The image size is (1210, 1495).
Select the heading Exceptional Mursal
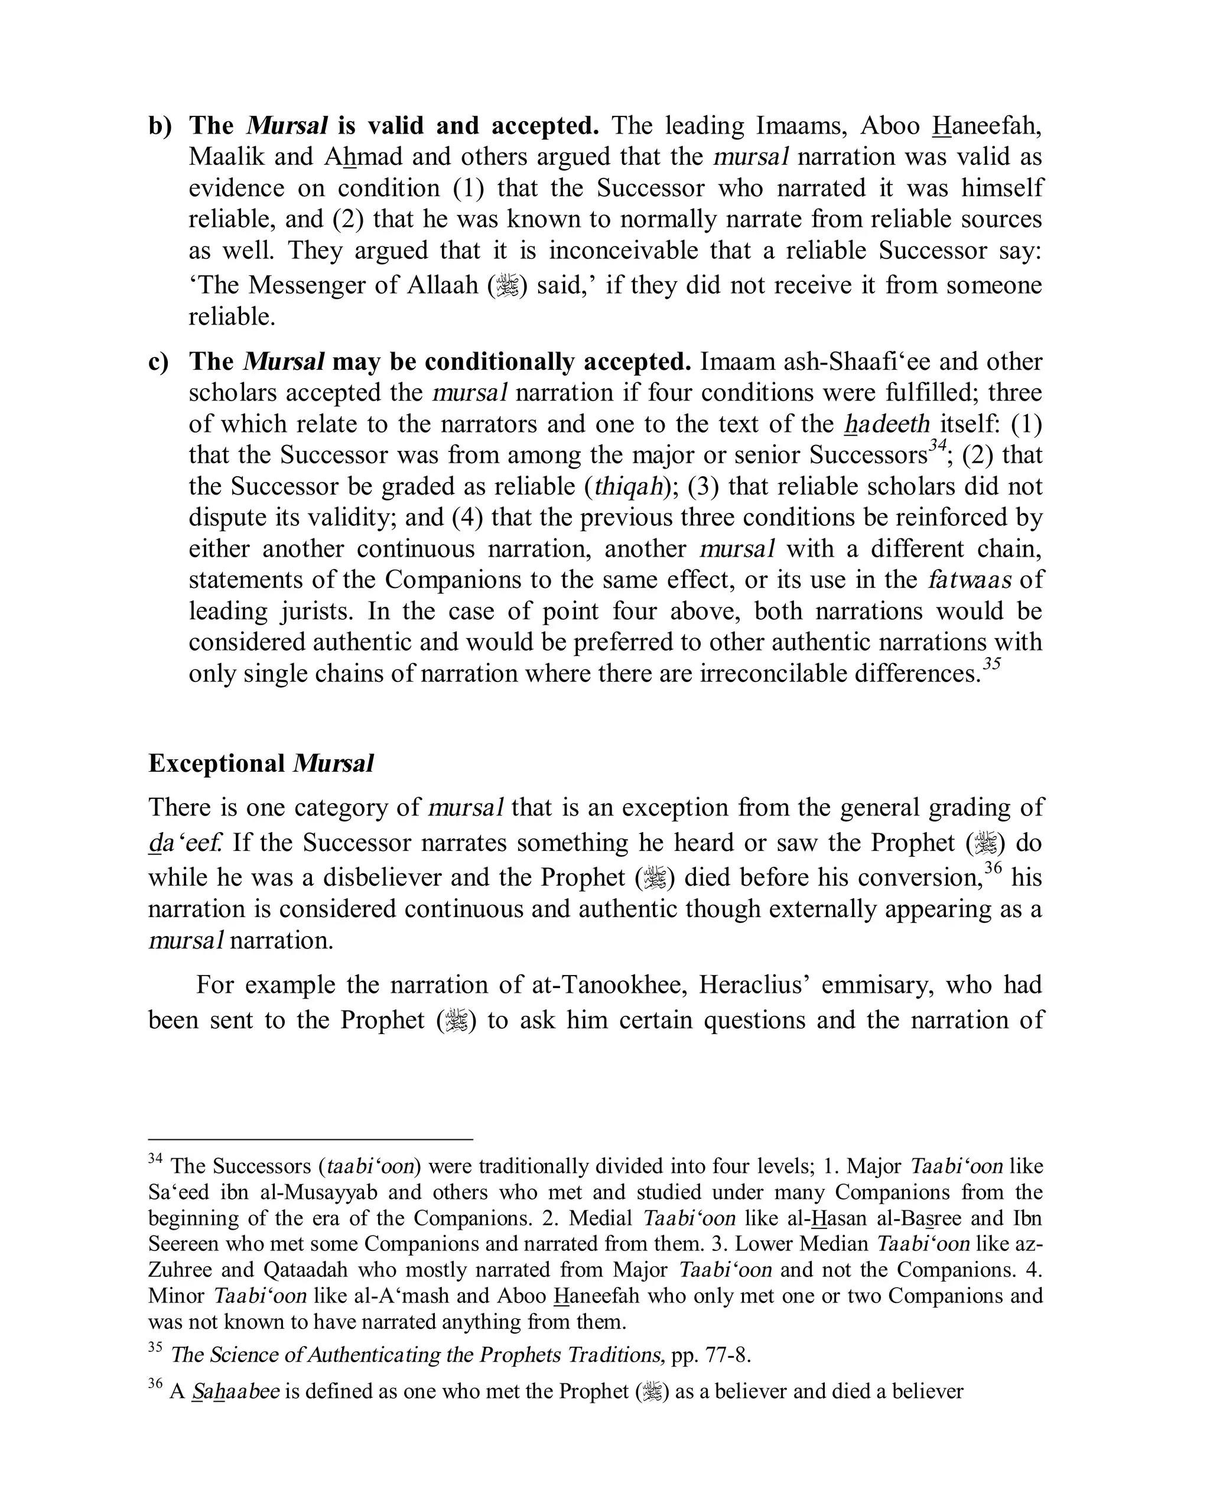pos(261,764)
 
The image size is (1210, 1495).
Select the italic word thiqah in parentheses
pos(627,486)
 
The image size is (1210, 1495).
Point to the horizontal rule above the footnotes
pos(310,1139)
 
